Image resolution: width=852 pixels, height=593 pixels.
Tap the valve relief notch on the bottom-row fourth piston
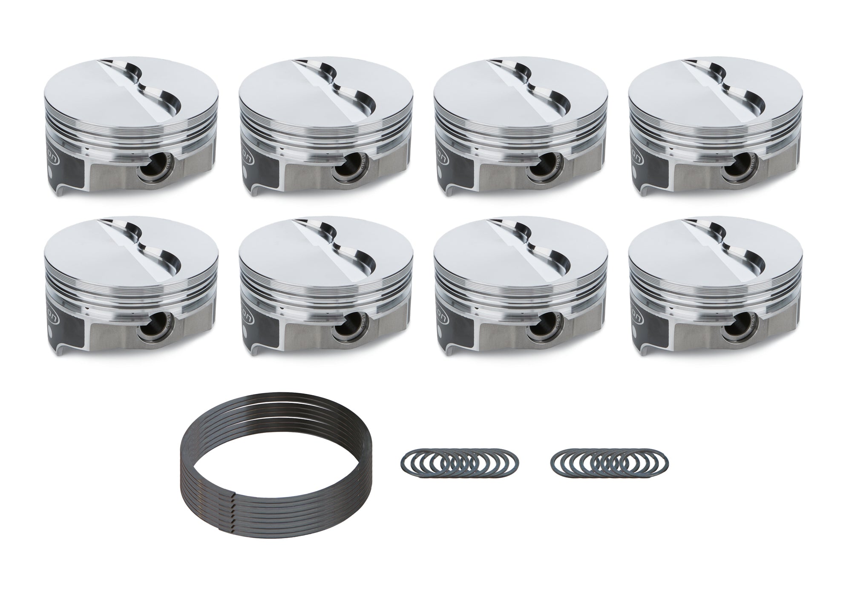(x=737, y=250)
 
